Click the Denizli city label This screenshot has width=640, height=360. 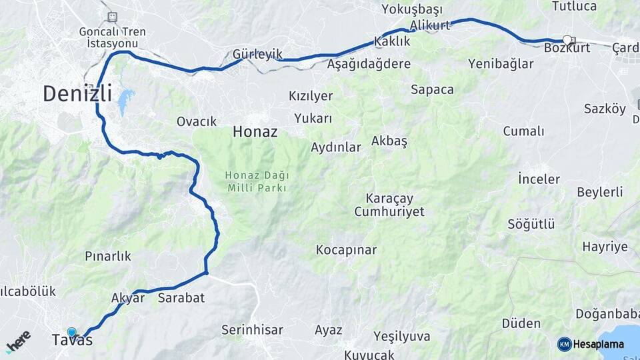77,93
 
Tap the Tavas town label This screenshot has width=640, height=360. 72,341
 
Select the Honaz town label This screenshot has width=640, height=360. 255,133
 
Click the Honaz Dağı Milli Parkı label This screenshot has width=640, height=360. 257,181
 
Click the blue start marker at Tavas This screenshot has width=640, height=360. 71,332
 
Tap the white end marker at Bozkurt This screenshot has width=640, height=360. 567,40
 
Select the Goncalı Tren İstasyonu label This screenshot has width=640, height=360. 111,37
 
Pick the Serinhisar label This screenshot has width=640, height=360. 252,330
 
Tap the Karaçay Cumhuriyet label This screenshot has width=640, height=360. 389,205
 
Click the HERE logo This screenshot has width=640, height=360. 19,341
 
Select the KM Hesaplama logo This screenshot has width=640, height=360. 591,344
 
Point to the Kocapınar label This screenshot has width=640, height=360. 346,251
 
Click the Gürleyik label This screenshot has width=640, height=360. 257,54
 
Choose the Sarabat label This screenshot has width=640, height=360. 181,298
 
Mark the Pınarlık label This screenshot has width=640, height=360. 108,256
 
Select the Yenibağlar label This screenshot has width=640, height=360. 501,64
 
